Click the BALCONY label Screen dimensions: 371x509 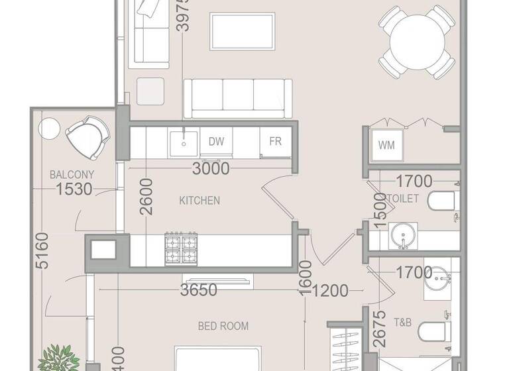72,175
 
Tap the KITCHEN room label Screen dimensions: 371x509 199,200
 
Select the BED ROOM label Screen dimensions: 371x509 223,326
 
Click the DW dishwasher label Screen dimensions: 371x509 216,141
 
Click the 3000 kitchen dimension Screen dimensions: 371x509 211,168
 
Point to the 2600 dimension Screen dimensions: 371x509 147,197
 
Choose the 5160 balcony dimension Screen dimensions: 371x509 42,250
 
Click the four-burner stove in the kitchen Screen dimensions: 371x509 182,248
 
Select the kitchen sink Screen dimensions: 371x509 182,141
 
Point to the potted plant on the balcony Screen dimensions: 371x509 59,358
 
